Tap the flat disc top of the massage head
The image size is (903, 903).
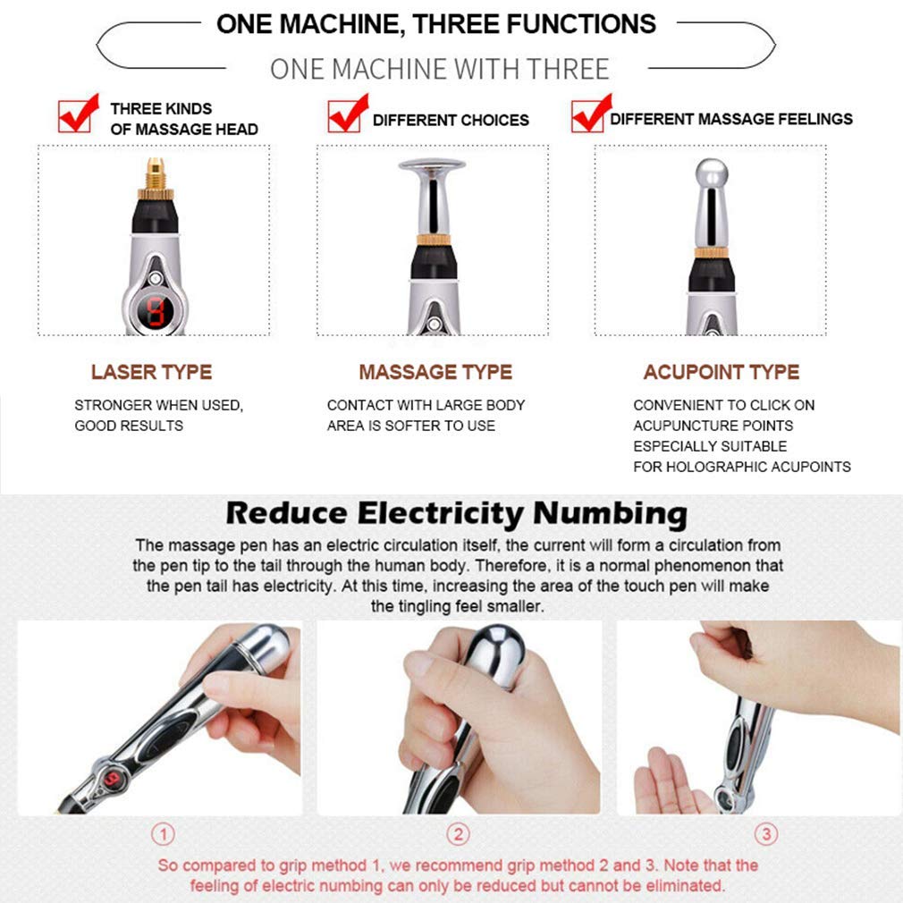tap(432, 166)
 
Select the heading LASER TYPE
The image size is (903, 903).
tap(151, 372)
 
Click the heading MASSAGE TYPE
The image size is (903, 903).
tap(435, 372)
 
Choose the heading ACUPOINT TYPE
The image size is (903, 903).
tap(721, 372)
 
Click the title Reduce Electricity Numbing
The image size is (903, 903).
tap(456, 513)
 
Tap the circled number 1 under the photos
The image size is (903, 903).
tap(163, 835)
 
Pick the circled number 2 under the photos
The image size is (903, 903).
tap(458, 835)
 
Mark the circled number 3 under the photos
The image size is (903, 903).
tap(766, 835)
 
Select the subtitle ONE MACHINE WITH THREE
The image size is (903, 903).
tap(439, 69)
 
